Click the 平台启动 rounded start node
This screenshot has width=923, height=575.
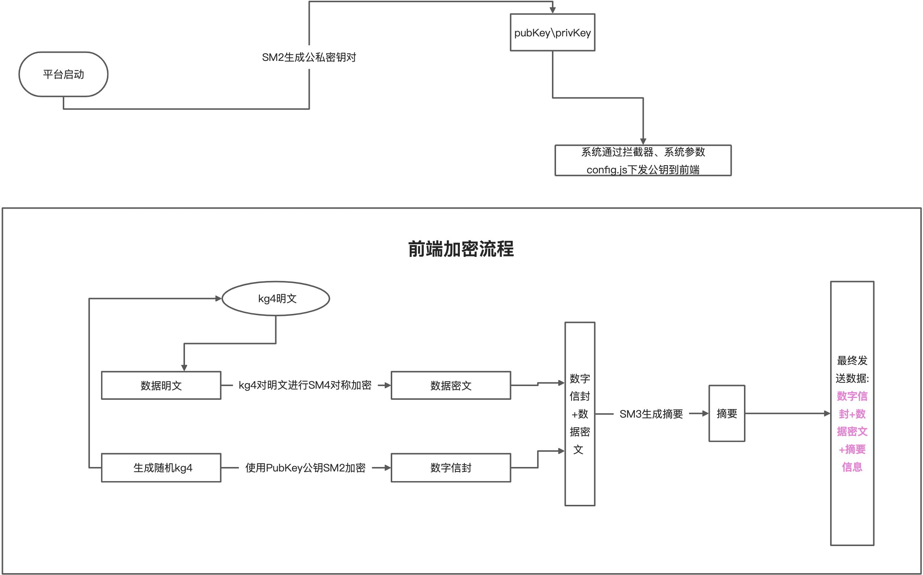tap(63, 74)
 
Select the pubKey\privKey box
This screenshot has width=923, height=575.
tap(552, 33)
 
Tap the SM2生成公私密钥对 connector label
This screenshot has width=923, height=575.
tap(309, 58)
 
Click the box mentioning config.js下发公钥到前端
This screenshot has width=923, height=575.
tap(643, 160)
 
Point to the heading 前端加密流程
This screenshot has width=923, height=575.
tap(461, 249)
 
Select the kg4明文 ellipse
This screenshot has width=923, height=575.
tap(276, 298)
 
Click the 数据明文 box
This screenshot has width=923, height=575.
tap(161, 386)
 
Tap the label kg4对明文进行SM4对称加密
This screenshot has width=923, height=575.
tap(305, 385)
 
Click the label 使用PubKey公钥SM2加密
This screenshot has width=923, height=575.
tap(305, 468)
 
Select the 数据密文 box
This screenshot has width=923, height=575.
tap(451, 386)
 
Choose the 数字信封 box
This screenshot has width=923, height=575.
tap(451, 468)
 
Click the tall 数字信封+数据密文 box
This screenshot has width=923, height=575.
tap(579, 414)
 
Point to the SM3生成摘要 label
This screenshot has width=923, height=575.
tap(651, 414)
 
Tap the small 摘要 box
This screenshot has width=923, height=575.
tap(726, 414)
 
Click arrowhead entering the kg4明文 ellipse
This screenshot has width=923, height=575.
tap(218, 298)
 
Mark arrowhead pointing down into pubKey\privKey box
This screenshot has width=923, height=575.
tap(552, 10)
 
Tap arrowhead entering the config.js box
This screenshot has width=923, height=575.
tap(643, 141)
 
